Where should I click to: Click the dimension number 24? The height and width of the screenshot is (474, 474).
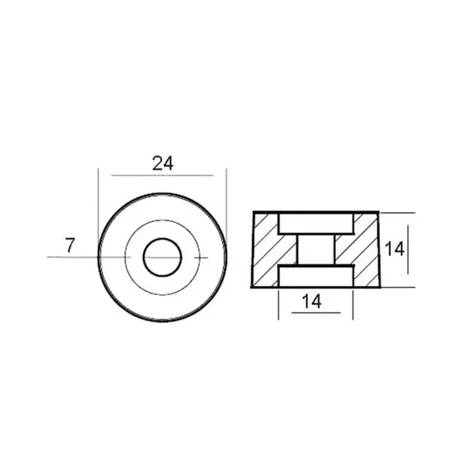click(x=163, y=163)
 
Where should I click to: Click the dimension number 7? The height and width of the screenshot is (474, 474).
click(x=70, y=245)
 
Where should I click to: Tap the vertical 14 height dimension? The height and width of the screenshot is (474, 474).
click(x=394, y=249)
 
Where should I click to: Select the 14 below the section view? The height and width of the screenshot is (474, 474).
click(x=312, y=302)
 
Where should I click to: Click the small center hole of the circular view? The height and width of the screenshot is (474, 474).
click(x=162, y=257)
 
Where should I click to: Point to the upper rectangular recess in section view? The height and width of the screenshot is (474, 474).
click(x=316, y=224)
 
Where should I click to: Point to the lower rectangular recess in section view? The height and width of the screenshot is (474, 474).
click(x=316, y=276)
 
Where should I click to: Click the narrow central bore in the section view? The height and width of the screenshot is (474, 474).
click(x=316, y=249)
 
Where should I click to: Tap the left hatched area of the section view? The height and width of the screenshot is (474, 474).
click(x=270, y=249)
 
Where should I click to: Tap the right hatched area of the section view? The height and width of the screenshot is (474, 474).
click(x=360, y=249)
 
